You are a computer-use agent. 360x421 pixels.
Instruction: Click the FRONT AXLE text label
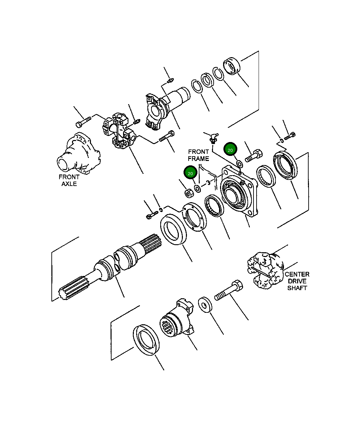(x=69, y=180)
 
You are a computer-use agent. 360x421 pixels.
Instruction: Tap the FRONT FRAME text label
(x=198, y=155)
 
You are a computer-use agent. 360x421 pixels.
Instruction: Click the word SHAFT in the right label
(x=297, y=288)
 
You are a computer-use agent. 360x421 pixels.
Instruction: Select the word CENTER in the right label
(x=297, y=274)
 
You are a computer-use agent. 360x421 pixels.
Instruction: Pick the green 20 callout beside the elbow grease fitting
(x=230, y=149)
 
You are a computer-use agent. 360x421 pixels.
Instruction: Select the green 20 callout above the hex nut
(x=190, y=172)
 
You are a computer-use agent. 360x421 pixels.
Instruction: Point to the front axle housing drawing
(x=78, y=154)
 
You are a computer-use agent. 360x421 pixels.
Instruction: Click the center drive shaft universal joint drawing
(x=265, y=270)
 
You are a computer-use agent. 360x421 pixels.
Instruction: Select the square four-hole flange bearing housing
(x=239, y=191)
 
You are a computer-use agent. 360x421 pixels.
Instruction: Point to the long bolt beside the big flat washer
(x=229, y=290)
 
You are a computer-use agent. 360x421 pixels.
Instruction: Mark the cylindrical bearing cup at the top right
(x=232, y=66)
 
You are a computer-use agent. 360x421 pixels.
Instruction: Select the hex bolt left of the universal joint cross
(x=83, y=122)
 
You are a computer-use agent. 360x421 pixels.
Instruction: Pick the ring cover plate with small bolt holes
(x=194, y=217)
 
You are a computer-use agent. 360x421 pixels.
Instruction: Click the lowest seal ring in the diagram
(x=146, y=340)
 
